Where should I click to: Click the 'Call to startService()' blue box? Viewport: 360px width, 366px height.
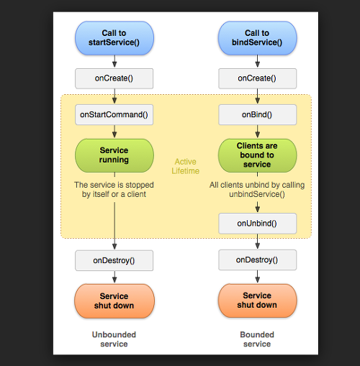click(114, 38)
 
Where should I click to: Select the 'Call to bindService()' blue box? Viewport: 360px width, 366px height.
click(257, 38)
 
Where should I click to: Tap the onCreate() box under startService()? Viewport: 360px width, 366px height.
click(114, 78)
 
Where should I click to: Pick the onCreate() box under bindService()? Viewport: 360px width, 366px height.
click(257, 78)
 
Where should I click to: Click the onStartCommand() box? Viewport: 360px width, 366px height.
click(114, 114)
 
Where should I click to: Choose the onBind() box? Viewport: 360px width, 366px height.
click(257, 114)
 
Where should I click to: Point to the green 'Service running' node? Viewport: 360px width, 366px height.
click(114, 155)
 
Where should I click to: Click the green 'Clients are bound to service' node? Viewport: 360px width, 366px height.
click(257, 155)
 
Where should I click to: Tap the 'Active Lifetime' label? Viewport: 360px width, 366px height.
click(186, 166)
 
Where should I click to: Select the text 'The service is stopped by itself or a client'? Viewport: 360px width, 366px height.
click(114, 189)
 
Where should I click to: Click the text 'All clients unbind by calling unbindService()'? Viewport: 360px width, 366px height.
click(257, 189)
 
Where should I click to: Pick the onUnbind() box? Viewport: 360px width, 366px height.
click(257, 224)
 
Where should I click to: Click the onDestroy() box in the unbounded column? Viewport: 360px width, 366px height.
click(114, 260)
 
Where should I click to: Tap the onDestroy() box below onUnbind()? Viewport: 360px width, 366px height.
click(257, 260)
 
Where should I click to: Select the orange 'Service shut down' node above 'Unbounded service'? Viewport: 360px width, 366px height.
click(114, 301)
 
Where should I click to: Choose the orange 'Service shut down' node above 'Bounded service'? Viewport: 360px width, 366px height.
click(257, 301)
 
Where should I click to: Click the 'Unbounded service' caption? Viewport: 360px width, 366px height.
click(114, 339)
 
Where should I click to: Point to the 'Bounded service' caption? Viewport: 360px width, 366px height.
click(257, 339)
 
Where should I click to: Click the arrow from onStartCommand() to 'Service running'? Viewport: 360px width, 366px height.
click(114, 132)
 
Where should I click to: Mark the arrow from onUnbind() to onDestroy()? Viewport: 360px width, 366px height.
click(258, 242)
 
